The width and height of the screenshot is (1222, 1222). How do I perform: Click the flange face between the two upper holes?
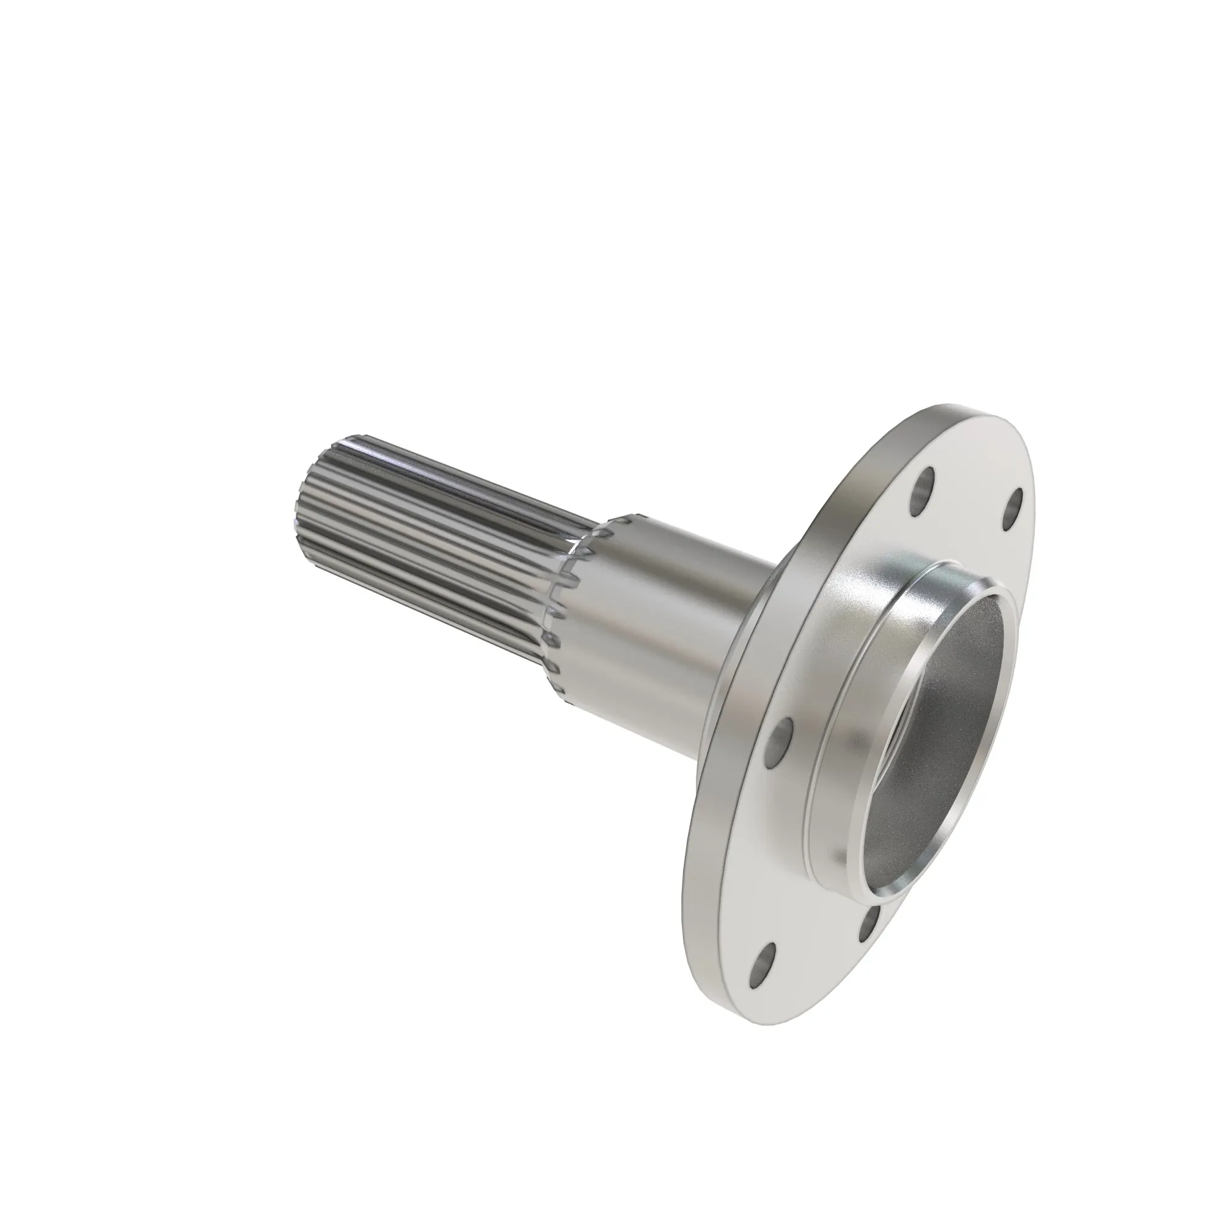tap(968, 500)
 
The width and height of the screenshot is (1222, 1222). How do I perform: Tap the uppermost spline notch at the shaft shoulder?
tap(623, 519)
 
